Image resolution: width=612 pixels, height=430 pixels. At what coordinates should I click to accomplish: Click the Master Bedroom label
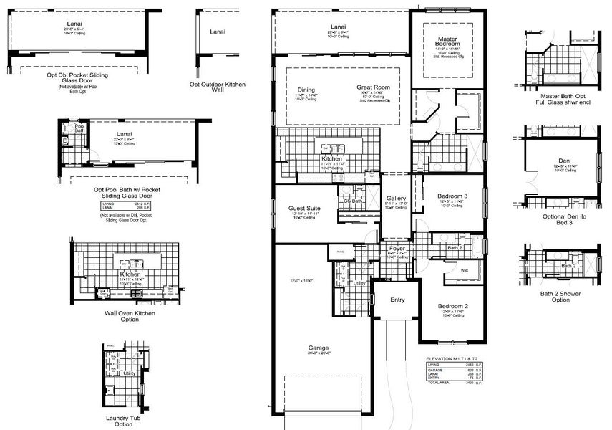coord(445,41)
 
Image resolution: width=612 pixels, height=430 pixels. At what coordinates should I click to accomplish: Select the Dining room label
coord(306,90)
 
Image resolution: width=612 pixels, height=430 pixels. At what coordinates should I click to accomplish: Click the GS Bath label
coord(351,201)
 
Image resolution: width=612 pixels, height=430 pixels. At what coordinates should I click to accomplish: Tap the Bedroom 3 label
coord(454,196)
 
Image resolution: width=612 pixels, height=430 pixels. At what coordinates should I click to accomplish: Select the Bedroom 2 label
coord(453,305)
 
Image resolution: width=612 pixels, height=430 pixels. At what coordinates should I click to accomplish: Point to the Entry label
coord(397,300)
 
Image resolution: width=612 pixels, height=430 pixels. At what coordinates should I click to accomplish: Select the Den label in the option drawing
coord(564,161)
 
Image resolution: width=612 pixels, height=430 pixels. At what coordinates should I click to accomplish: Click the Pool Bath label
coord(79,130)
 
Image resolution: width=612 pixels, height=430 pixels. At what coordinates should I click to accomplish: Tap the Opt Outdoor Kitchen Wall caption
coord(217,86)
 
